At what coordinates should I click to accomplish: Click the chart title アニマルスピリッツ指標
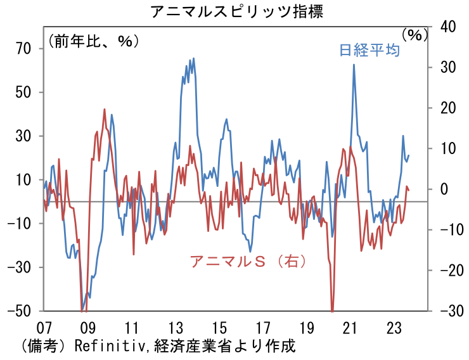(x=235, y=11)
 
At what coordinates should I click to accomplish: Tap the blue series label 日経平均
(x=369, y=51)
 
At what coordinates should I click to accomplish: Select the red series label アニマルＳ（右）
(x=248, y=261)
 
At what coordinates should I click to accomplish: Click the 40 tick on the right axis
(x=447, y=27)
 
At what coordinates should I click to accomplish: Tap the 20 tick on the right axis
(x=447, y=108)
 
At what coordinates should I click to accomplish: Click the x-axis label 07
(x=44, y=328)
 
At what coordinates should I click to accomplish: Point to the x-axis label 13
(x=175, y=328)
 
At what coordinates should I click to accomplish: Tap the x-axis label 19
(x=306, y=328)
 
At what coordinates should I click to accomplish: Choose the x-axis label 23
(x=394, y=328)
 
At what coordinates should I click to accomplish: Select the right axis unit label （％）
(x=415, y=35)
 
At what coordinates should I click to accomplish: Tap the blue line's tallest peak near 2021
(x=354, y=65)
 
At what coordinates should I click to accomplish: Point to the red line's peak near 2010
(x=105, y=109)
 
